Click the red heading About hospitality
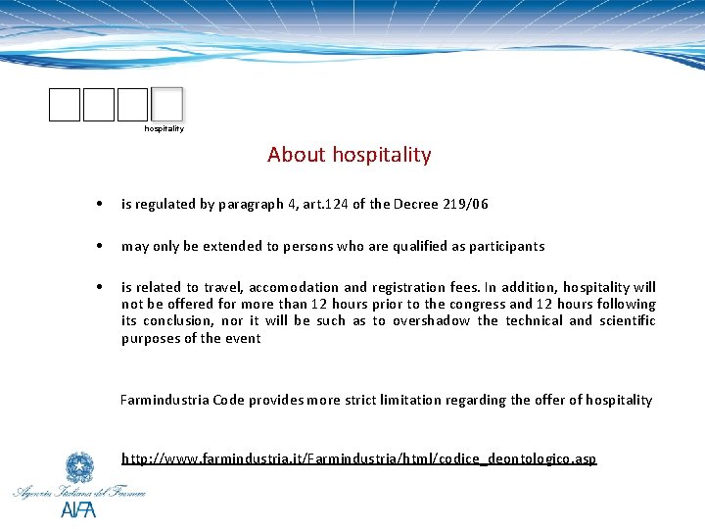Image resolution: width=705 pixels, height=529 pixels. (349, 155)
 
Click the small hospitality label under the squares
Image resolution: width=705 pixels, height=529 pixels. (164, 128)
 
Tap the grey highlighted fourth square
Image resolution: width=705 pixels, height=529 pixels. (167, 104)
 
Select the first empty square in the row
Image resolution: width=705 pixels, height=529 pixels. (65, 104)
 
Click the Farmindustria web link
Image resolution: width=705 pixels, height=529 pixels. (358, 458)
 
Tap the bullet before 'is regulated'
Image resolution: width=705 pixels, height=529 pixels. (100, 205)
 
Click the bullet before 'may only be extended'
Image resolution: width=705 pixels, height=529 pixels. (100, 246)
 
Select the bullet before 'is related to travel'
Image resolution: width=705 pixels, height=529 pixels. (100, 287)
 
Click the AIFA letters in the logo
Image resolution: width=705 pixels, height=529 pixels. (78, 509)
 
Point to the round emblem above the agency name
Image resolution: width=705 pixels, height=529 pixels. (78, 466)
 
